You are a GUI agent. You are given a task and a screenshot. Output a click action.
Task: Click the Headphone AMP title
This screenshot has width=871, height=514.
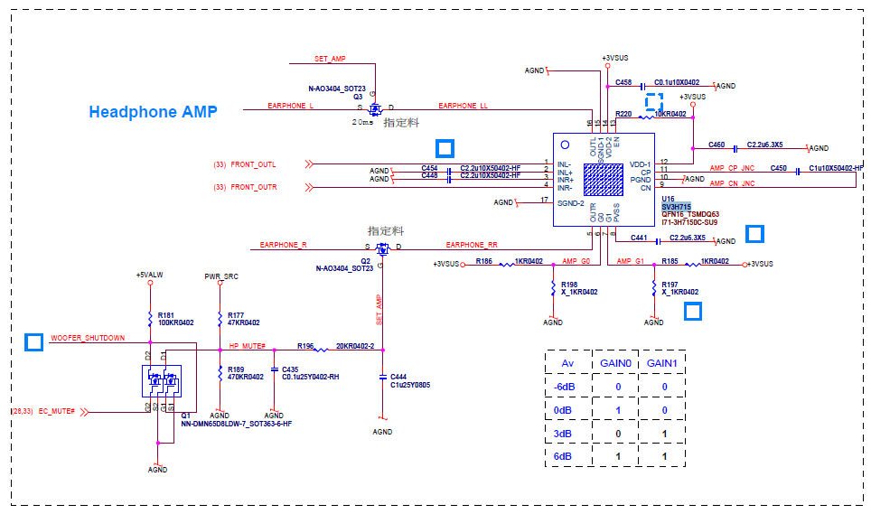[153, 112]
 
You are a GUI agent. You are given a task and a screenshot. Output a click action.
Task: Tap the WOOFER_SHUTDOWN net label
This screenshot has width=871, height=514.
[88, 338]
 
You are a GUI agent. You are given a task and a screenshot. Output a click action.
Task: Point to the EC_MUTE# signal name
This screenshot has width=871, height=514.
[56, 412]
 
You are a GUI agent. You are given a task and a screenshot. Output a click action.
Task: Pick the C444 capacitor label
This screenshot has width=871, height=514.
[398, 377]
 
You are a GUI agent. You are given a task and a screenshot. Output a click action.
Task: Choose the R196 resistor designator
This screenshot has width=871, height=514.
[305, 346]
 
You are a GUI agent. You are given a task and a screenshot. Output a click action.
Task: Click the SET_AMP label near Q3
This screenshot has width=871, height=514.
[330, 59]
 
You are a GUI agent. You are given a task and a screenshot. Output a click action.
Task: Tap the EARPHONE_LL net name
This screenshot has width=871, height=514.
[463, 106]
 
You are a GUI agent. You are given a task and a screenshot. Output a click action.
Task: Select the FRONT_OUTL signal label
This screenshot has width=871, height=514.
[253, 164]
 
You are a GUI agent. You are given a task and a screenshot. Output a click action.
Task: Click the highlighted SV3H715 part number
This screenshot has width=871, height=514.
[676, 207]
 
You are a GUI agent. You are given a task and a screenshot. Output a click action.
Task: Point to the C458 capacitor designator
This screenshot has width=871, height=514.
[623, 82]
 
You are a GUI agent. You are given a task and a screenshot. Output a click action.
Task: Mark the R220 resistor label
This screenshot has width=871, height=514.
[623, 114]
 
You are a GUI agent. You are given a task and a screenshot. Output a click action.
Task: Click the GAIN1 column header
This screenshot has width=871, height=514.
[664, 362]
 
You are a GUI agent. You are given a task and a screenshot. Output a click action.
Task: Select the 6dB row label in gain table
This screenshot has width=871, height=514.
[562, 457]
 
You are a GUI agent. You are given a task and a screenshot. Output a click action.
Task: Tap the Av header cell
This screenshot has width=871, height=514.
[568, 362]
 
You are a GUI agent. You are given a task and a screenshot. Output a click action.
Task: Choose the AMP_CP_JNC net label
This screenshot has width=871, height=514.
[730, 169]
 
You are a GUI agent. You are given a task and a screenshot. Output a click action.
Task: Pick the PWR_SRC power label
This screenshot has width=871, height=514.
[220, 276]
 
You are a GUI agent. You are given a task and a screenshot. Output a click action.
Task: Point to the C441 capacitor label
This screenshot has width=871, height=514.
[639, 238]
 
